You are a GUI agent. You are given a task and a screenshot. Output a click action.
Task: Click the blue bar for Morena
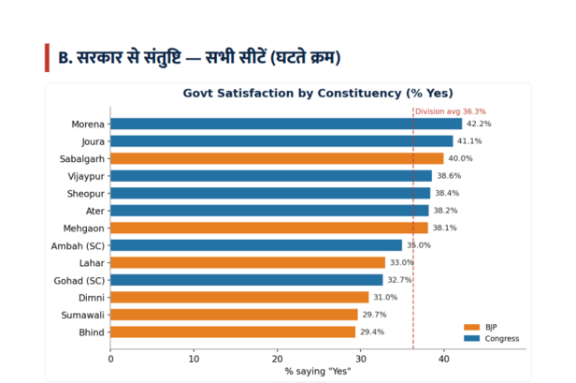286,124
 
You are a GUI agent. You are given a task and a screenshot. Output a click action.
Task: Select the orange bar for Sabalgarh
277,158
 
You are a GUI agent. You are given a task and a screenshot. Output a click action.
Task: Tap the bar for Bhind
233,331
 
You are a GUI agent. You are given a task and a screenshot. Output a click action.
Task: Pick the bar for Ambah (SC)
256,245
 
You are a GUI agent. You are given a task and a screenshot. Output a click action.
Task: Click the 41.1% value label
469,141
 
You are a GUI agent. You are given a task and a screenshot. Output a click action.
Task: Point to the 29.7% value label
374,315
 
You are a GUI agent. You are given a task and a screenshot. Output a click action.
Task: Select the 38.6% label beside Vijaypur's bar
449,176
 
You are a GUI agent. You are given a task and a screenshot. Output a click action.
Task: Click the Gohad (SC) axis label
79,281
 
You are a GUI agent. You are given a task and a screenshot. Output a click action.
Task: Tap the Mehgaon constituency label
84,228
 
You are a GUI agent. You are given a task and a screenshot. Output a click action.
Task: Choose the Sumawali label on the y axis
83,315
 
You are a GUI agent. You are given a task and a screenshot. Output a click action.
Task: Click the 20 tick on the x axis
278,359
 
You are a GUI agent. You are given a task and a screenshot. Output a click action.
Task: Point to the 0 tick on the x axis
110,359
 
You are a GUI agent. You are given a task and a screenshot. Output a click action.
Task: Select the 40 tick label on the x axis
444,359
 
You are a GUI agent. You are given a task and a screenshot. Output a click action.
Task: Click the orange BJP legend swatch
471,327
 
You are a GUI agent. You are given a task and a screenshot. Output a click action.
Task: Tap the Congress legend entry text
502,339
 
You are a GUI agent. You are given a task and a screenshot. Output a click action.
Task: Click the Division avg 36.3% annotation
451,111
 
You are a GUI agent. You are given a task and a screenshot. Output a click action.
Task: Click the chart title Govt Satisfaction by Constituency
318,93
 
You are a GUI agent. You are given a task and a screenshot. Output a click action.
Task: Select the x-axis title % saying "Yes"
318,372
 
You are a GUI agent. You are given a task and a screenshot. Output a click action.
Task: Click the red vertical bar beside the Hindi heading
47,58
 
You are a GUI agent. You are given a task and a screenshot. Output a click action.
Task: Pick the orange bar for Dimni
239,297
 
